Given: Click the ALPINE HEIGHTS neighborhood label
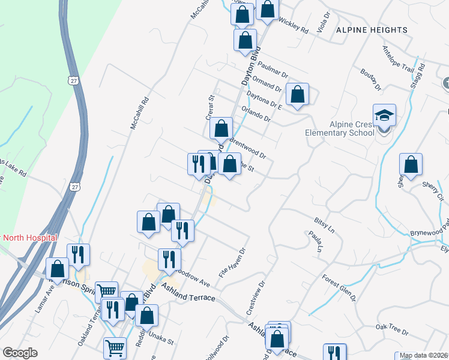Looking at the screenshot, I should [372, 29].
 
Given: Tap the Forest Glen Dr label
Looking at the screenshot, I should [339, 287].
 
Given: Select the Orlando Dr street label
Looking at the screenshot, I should [256, 114].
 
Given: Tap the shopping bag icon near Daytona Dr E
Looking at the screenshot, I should [297, 94].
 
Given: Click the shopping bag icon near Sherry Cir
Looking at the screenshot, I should [411, 164].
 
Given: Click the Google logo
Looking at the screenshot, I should [20, 352].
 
